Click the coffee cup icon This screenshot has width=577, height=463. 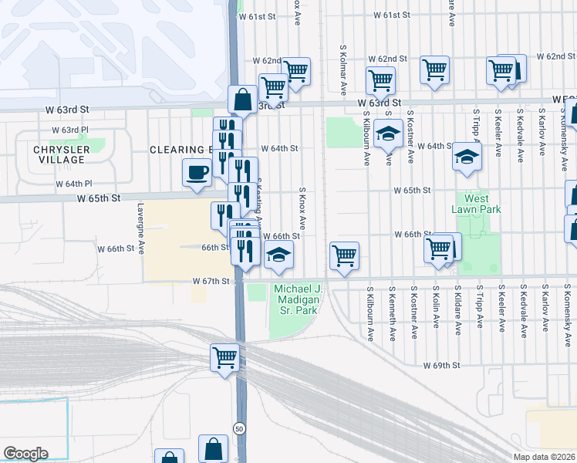(197, 171)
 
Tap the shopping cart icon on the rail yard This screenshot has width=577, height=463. (224, 357)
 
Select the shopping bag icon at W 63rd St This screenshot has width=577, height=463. (242, 99)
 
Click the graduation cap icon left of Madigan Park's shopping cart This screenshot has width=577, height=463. (278, 255)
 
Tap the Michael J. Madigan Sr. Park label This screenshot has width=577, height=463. (296, 300)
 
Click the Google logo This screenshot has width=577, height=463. (25, 454)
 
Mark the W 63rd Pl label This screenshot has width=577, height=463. (70, 130)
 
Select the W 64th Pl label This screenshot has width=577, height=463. (73, 184)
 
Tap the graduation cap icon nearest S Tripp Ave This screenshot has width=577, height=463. (465, 157)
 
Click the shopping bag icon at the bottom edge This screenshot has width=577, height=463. (213, 449)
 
